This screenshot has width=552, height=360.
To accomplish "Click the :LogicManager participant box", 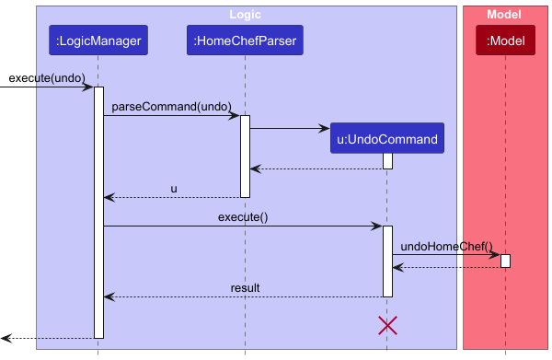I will [x=98, y=40].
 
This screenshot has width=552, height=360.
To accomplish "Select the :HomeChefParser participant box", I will [x=245, y=40].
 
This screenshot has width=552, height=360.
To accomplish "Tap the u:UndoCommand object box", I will [x=387, y=140].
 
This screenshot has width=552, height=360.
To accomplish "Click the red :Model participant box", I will [x=505, y=40].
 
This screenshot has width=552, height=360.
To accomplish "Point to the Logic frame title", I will [x=246, y=14].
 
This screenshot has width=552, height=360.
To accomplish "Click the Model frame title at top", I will [x=504, y=14].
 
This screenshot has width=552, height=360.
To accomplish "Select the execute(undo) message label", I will [x=42, y=77].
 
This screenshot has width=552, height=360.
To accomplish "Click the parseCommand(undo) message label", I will [x=171, y=107].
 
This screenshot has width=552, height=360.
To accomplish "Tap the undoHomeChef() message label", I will [x=447, y=246].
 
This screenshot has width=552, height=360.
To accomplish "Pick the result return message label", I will [x=245, y=288].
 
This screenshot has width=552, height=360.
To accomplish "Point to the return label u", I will [x=173, y=189].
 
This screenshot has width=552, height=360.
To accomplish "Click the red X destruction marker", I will [x=387, y=324].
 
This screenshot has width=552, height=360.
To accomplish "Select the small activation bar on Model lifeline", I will [x=505, y=261].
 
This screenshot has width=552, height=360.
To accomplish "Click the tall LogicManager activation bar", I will [x=98, y=212].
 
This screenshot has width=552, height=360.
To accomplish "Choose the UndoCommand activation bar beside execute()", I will [x=387, y=261].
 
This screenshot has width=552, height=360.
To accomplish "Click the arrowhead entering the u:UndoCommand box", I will [x=325, y=129].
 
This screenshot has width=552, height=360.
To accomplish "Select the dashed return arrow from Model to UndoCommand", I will [x=446, y=267].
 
